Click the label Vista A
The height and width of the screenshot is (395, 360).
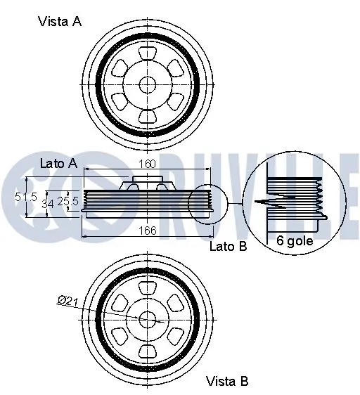point(60,21)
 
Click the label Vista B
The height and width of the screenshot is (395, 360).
point(226,382)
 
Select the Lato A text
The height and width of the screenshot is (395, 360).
point(58,163)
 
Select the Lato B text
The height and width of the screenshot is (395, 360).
point(228,246)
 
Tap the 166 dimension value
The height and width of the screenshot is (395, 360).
point(147,229)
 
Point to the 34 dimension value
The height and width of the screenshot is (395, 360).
point(49,204)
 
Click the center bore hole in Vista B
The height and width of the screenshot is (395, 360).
point(147,318)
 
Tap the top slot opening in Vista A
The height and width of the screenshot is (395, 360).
point(147,53)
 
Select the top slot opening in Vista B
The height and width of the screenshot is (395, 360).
point(147,287)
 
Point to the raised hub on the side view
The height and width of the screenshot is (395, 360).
point(146,185)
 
